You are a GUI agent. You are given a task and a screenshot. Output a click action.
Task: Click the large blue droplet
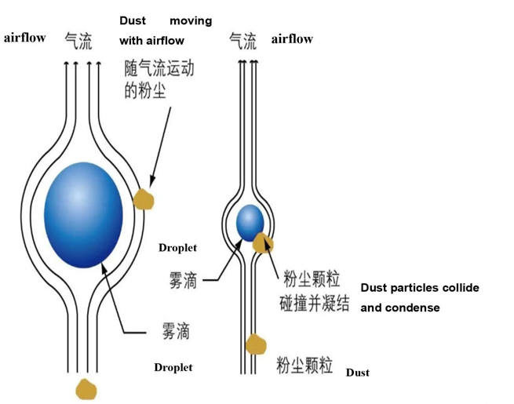pyautogui.click(x=84, y=215)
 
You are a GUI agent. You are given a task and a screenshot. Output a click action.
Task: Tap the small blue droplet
pyautogui.click(x=250, y=222)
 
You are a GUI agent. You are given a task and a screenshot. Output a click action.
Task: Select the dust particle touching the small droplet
pyautogui.click(x=263, y=243)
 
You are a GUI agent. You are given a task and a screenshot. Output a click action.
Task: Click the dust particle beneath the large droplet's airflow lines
pyautogui.click(x=85, y=388)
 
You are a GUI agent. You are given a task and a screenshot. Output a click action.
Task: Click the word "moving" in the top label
pyautogui.click(x=191, y=20)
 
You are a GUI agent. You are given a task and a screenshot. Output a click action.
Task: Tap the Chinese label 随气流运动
pyautogui.click(x=159, y=69)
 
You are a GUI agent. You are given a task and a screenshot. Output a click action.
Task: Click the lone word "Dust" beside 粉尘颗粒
pyautogui.click(x=357, y=373)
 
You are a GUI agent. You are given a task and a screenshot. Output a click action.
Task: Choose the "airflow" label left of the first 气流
pyautogui.click(x=25, y=38)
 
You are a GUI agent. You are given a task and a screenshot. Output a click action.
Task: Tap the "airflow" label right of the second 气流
pyautogui.click(x=292, y=39)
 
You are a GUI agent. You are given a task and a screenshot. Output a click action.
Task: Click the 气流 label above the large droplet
pyautogui.click(x=78, y=40)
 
